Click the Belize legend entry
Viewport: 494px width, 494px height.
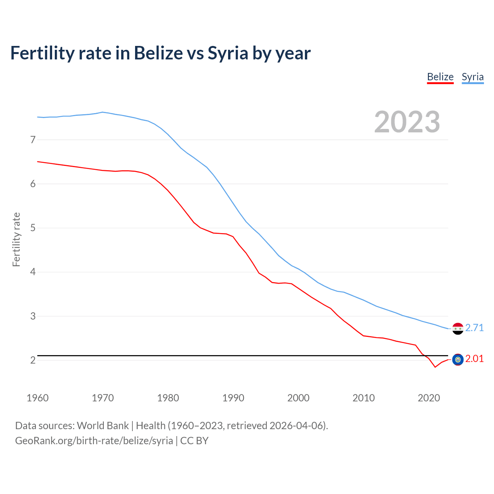[x=440, y=77]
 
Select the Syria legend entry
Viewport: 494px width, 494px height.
[x=472, y=77]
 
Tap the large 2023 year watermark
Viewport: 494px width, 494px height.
[x=407, y=122]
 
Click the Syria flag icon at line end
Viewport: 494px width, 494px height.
[x=458, y=328]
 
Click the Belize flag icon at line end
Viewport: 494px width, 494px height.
[x=458, y=359]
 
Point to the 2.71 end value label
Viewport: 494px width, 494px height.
[x=474, y=328]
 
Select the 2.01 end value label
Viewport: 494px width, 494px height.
[x=474, y=359]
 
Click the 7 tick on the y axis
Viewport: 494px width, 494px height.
[x=33, y=140]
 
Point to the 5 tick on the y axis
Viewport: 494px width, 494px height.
[x=33, y=228]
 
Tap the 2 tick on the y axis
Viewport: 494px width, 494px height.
[x=33, y=360]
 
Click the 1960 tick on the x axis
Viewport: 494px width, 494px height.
[x=37, y=398]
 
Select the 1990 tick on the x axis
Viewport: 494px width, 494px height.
[x=233, y=398]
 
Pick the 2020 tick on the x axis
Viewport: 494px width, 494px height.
[x=429, y=398]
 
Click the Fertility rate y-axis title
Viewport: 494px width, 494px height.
[x=16, y=239]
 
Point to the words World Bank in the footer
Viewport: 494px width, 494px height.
[x=103, y=426]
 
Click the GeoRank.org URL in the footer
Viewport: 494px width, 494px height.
[x=94, y=441]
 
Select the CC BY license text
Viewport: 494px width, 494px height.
[x=194, y=441]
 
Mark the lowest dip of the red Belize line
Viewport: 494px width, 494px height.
[x=435, y=367]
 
